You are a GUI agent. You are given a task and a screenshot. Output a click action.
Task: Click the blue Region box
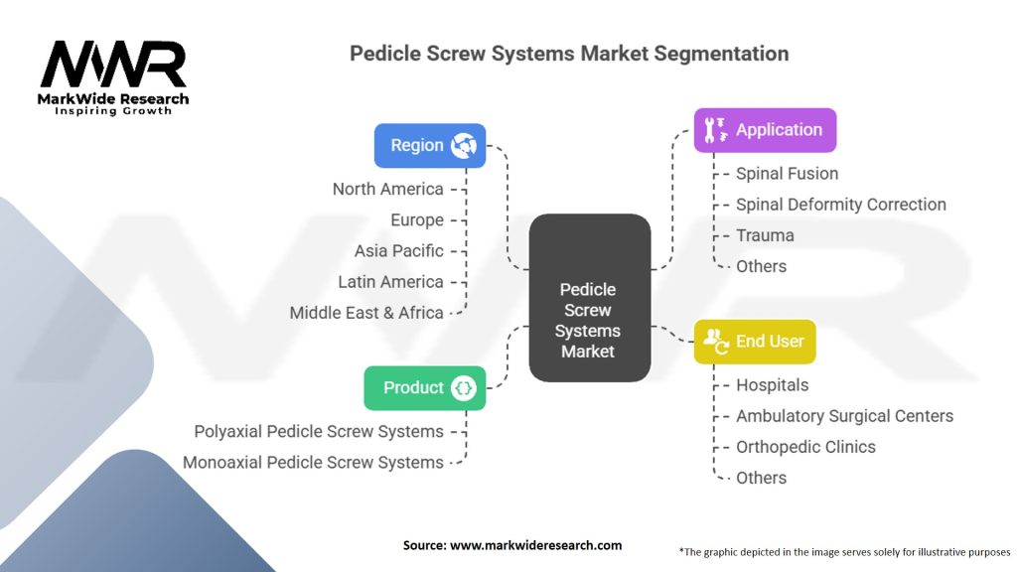[x=430, y=145]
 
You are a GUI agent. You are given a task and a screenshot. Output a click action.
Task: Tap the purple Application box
[x=765, y=130]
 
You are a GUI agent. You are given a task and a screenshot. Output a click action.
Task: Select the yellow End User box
[x=755, y=342]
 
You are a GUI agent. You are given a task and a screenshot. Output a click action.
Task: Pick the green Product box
[x=425, y=388]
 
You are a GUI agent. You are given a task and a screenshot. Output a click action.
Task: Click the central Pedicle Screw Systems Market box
[x=590, y=298]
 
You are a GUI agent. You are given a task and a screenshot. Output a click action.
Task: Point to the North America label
[x=388, y=190]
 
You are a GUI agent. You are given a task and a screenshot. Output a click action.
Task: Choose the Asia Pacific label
[x=399, y=251]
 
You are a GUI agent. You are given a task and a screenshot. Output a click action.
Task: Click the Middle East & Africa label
[x=366, y=313]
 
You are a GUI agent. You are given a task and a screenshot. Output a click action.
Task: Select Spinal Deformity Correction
[x=840, y=205]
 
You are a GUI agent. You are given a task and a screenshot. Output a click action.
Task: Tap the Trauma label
[x=765, y=235]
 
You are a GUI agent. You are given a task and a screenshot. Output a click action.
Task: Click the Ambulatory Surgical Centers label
[x=844, y=416]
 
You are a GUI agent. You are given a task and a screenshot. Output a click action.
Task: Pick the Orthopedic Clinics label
[x=805, y=448]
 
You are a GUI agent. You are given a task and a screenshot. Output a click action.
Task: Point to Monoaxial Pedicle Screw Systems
[x=313, y=463]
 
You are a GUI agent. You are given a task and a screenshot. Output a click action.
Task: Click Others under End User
[x=761, y=478]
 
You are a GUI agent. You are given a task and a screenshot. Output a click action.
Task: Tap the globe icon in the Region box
[x=464, y=145]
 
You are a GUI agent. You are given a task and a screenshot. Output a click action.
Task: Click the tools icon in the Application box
[x=715, y=130]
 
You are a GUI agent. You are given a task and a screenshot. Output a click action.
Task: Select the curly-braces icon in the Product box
[x=463, y=388]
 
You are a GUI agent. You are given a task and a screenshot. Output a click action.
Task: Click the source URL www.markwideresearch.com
[x=535, y=545]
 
